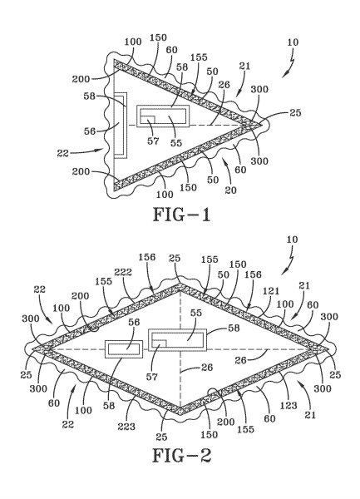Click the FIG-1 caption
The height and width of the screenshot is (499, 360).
180,215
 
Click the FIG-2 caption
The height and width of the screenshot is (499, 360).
180,456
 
